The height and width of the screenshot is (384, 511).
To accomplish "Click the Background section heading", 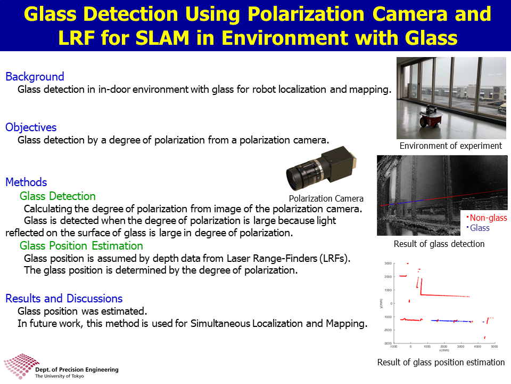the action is click(x=35, y=76).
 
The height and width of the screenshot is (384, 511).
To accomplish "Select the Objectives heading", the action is click(x=31, y=127).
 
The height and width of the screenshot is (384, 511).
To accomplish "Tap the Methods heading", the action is click(x=26, y=182).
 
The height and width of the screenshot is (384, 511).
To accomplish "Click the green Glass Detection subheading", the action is click(x=57, y=196).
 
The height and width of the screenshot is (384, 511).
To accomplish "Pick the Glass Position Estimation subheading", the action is click(x=81, y=245).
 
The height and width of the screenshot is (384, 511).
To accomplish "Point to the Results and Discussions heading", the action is click(x=64, y=298).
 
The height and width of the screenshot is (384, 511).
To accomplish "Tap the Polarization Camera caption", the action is click(x=326, y=198).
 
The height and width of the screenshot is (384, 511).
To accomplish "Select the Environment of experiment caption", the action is click(x=451, y=146).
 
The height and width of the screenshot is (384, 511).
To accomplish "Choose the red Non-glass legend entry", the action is click(x=487, y=218).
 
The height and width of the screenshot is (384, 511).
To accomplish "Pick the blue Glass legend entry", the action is click(x=479, y=228).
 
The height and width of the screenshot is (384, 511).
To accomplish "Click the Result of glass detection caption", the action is click(x=439, y=244).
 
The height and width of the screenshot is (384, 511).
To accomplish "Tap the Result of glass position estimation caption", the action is click(x=441, y=362).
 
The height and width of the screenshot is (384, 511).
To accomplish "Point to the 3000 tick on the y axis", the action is click(x=388, y=263).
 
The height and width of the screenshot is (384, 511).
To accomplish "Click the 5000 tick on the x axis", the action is click(x=494, y=347).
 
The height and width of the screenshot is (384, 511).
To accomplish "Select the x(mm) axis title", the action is click(x=444, y=350).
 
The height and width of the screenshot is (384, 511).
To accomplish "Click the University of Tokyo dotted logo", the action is click(x=20, y=366).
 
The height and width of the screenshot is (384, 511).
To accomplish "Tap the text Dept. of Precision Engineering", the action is click(x=77, y=370).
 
